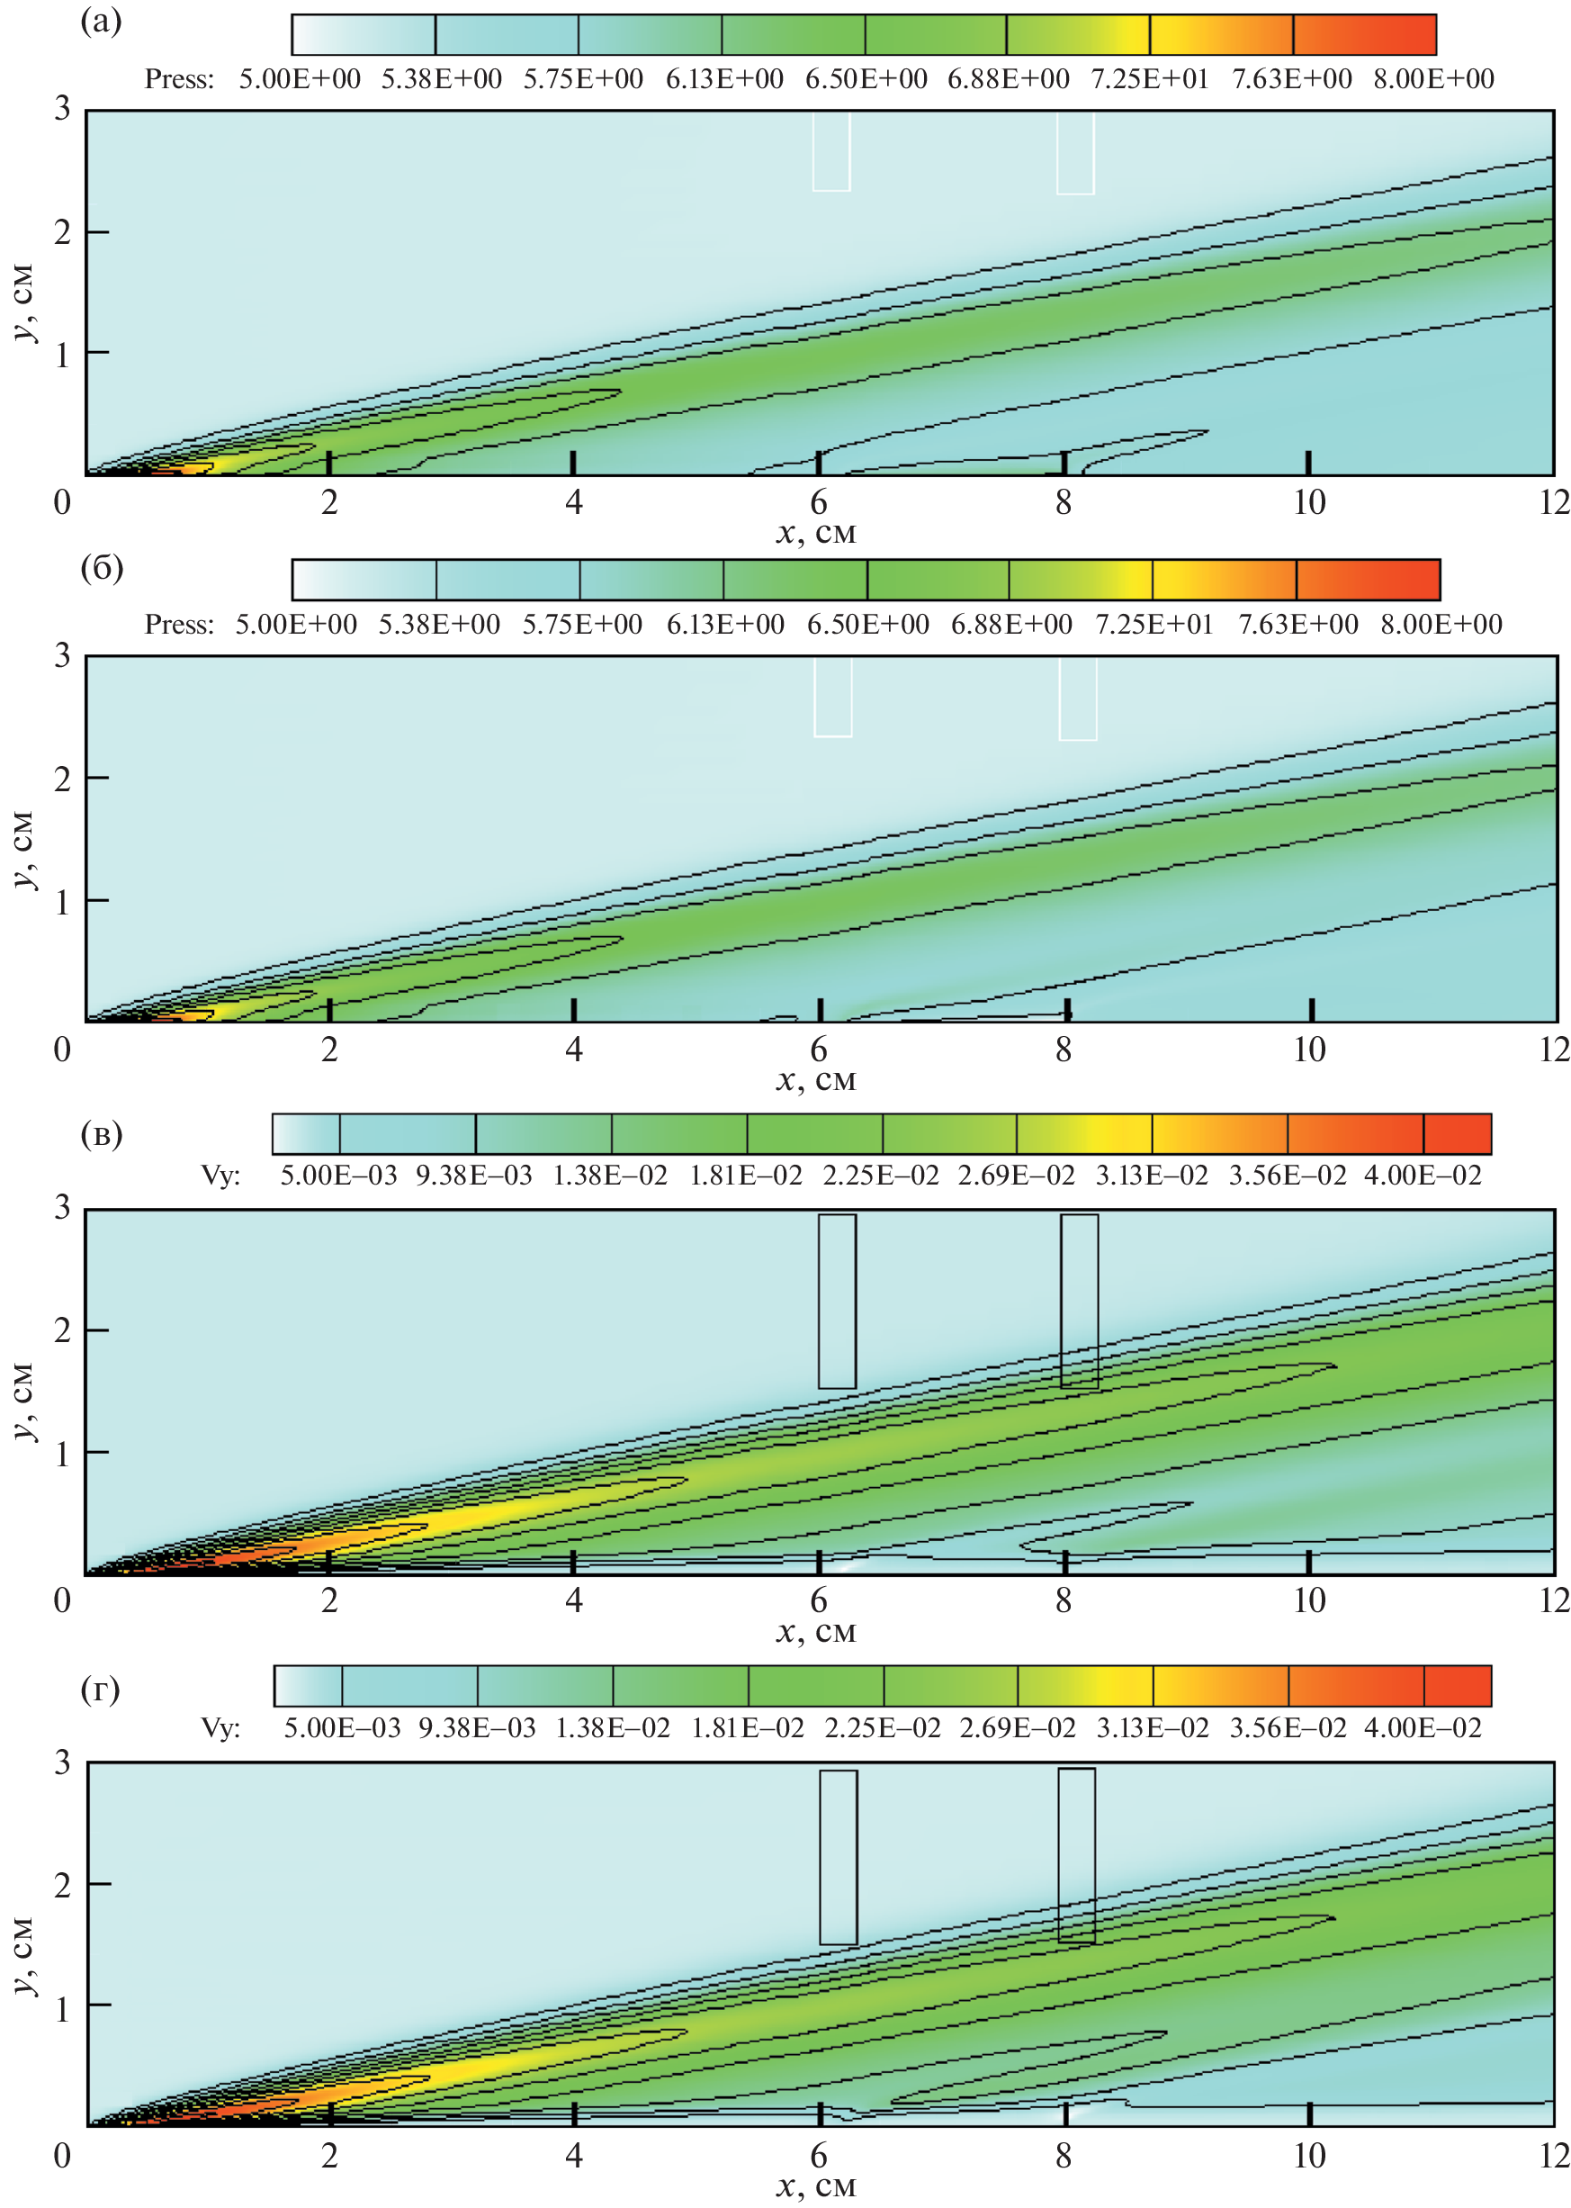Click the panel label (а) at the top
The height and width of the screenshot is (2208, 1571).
(x=101, y=22)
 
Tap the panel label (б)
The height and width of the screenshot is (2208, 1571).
(x=101, y=568)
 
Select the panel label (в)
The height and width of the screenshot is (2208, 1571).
(x=101, y=1134)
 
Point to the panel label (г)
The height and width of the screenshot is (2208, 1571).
(x=100, y=1690)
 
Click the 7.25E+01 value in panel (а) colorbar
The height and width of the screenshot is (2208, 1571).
(x=1150, y=79)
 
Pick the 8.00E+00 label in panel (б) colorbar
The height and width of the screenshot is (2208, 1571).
(x=1441, y=625)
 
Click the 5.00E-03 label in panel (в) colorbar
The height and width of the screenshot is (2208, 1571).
(x=338, y=1176)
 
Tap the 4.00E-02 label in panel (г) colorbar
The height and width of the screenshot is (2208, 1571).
(x=1422, y=1728)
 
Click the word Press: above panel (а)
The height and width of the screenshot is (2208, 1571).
(x=179, y=79)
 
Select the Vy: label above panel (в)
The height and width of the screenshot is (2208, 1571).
(x=220, y=1176)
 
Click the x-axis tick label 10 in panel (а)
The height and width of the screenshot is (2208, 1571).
(x=1309, y=503)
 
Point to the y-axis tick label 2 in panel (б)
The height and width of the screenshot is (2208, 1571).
(x=63, y=778)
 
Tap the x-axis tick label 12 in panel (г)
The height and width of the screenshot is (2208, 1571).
(x=1554, y=2156)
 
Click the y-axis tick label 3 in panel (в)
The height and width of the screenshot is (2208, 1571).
(x=63, y=1209)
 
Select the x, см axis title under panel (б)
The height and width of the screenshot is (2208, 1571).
(x=815, y=1080)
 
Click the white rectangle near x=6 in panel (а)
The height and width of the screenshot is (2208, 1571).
(x=831, y=151)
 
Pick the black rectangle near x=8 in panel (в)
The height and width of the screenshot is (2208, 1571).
(x=1079, y=1301)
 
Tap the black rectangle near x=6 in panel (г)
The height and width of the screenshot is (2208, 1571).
(x=838, y=1857)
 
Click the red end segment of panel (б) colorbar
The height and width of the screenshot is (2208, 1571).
(x=1367, y=580)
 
